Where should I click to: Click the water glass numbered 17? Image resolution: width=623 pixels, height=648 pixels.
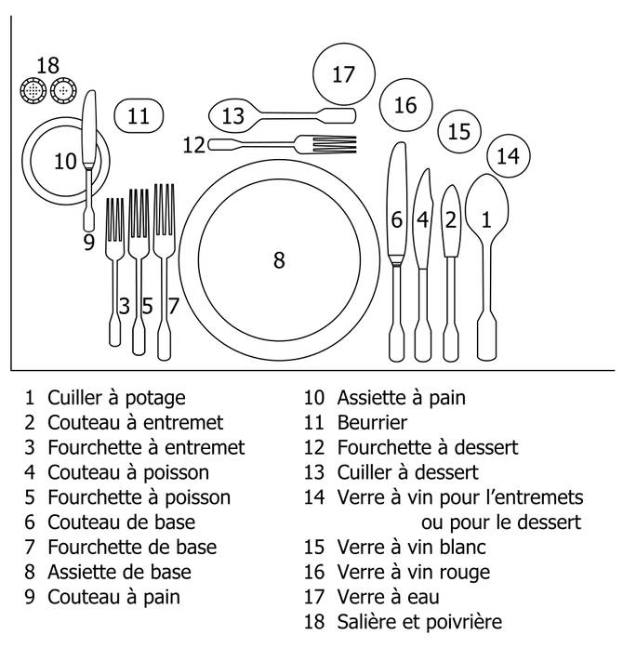point(344,73)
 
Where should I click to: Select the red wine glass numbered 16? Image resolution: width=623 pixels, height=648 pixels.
point(405,105)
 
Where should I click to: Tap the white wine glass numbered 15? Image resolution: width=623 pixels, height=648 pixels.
point(458,132)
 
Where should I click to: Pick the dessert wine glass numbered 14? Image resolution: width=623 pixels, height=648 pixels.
point(508,156)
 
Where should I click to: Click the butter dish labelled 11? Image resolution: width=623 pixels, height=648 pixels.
point(139,116)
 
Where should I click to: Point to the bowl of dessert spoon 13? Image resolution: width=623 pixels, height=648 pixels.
point(232,116)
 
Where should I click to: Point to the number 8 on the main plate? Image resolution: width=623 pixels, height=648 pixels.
point(278,260)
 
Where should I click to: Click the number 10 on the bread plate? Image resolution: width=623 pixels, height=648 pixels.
point(64,162)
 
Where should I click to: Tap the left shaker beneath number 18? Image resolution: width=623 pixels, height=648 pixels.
point(34,91)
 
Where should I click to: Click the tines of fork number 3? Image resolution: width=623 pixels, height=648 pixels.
point(115,220)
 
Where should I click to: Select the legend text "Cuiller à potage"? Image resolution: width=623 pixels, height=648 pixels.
point(116,398)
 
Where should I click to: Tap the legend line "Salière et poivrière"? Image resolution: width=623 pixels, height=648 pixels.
point(419,621)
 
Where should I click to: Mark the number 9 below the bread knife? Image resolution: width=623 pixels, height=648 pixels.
point(89,242)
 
